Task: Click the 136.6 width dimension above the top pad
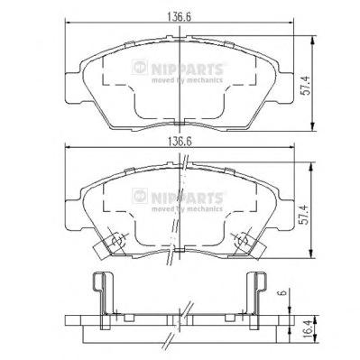point(180,17)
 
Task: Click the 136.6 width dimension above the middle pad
point(180,142)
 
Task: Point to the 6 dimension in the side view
point(285,292)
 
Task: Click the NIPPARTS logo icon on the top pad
point(140,67)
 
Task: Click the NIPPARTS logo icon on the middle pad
point(140,196)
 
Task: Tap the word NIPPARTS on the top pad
point(187,69)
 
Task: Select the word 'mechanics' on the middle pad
point(205,209)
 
